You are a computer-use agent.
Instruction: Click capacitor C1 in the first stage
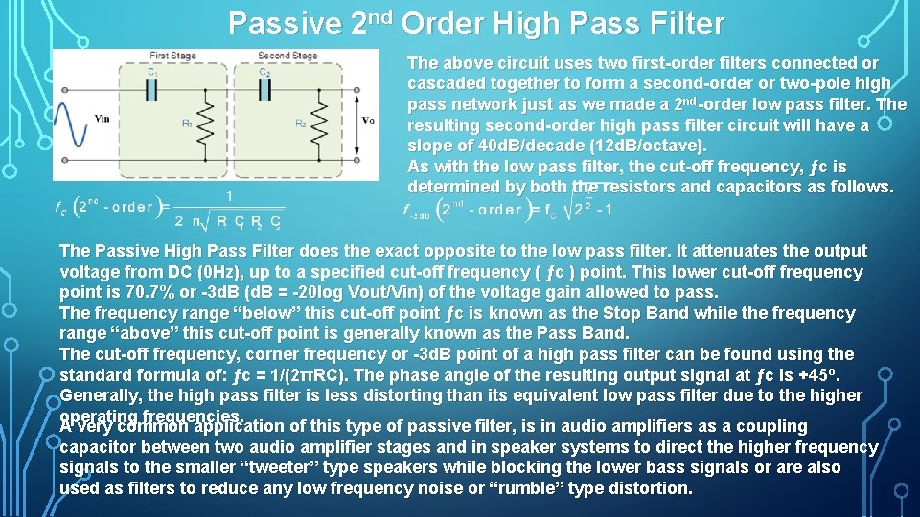(153, 88)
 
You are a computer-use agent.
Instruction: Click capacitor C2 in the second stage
(264, 88)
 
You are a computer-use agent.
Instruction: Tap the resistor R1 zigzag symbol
(206, 123)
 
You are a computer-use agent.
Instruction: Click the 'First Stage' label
(172, 56)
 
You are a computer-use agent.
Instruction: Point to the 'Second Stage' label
(287, 56)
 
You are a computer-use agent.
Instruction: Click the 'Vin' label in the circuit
(103, 119)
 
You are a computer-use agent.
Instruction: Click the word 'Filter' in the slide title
(683, 23)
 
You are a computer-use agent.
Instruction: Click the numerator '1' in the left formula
(229, 196)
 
